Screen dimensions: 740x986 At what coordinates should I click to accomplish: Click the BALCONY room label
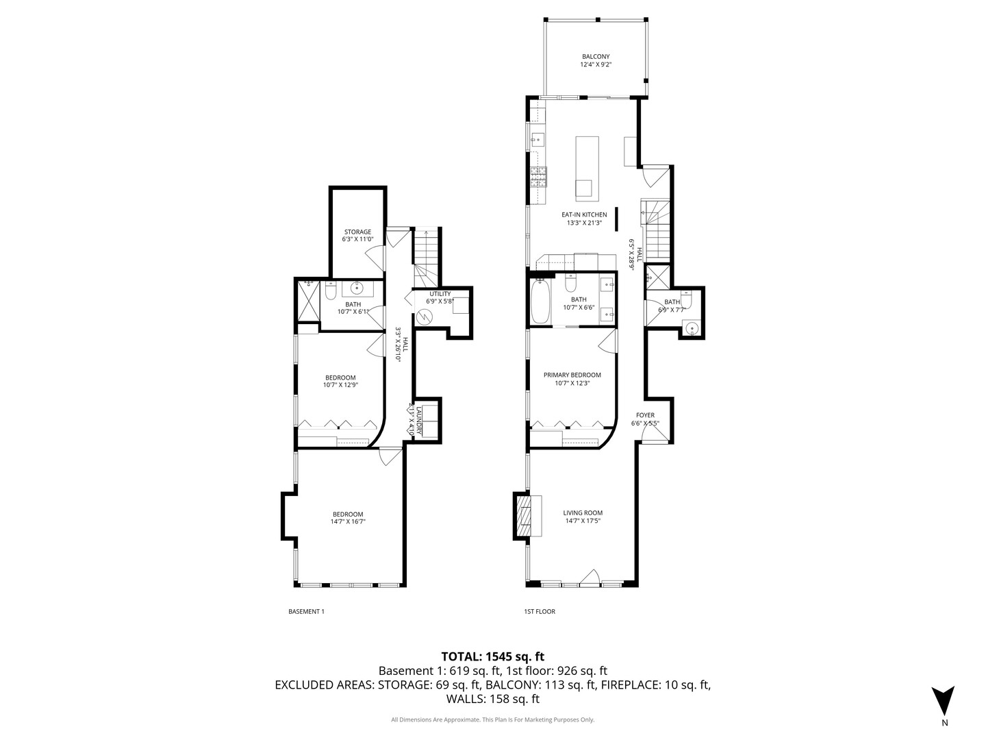[595, 57]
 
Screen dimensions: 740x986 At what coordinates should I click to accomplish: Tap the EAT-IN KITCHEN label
[584, 214]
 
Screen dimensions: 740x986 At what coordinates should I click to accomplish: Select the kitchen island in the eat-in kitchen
[587, 168]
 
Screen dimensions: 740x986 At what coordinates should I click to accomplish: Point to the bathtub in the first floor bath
[540, 301]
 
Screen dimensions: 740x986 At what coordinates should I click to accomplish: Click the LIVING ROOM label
[583, 513]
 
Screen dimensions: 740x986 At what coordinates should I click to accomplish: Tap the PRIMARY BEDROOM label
[572, 375]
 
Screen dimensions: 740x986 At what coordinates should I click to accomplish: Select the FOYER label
[645, 415]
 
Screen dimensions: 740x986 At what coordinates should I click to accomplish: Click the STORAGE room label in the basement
[357, 232]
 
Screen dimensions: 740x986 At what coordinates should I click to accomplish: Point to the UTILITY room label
[440, 294]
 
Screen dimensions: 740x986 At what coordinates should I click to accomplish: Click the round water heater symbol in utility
[425, 317]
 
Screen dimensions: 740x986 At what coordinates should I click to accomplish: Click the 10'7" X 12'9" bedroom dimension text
[340, 385]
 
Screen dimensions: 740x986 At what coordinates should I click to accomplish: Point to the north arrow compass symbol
[944, 700]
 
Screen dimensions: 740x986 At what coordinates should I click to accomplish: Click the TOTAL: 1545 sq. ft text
[493, 656]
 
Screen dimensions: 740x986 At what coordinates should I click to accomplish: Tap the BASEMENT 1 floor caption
[306, 611]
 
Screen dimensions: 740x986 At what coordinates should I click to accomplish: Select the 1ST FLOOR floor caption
[540, 611]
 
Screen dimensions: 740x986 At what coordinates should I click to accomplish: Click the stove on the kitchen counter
[538, 177]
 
